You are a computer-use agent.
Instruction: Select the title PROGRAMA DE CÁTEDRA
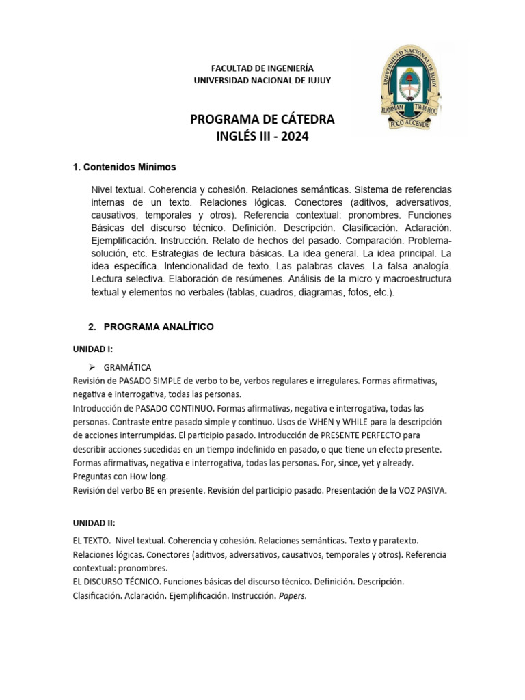coord(262,120)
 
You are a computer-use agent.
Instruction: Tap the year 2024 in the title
coord(295,137)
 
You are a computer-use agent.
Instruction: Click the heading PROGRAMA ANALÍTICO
coord(159,327)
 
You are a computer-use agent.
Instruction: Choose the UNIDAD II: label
coord(95,522)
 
